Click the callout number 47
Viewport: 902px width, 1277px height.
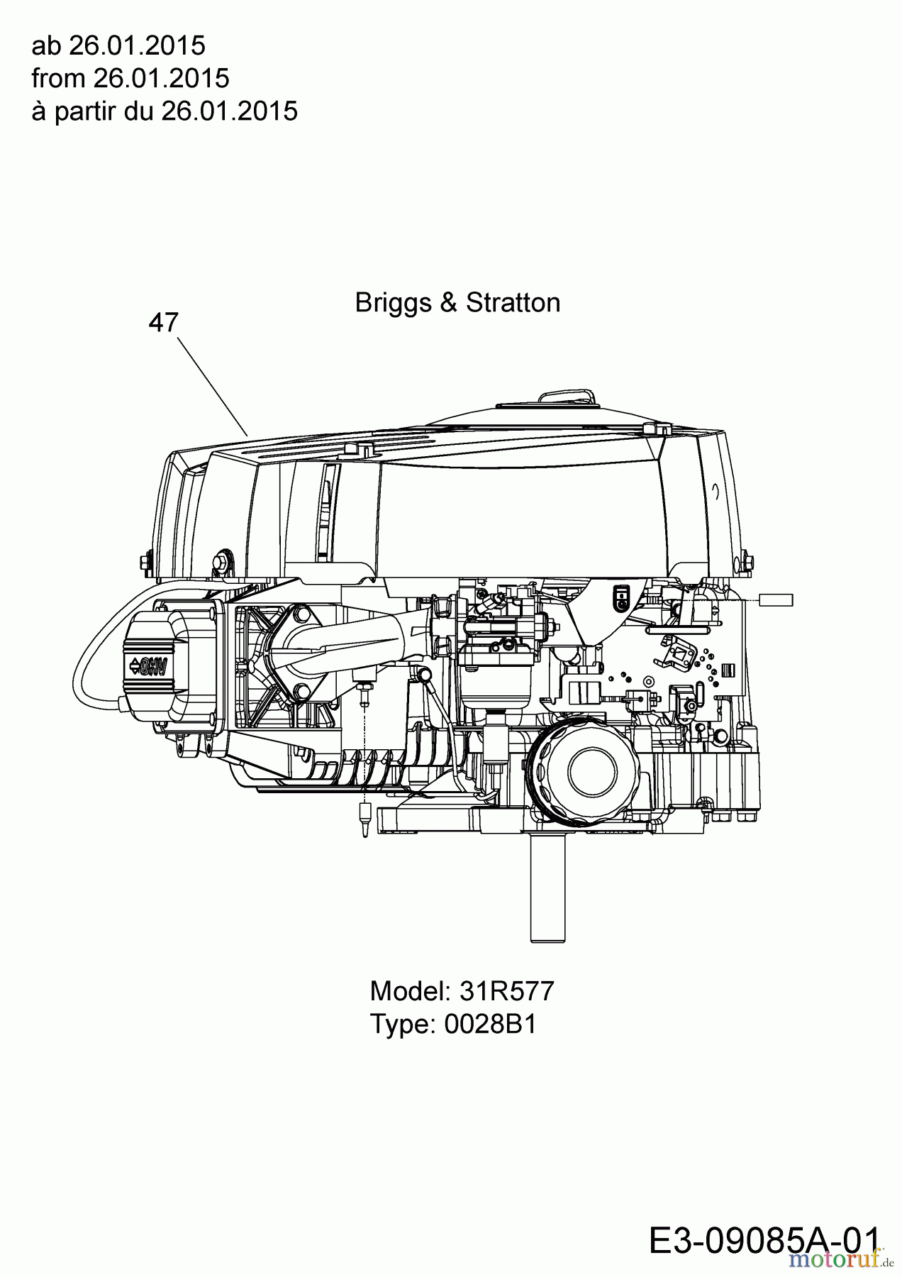pos(164,323)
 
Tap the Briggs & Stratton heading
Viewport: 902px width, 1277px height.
pos(457,303)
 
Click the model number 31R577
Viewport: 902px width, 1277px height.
pos(507,991)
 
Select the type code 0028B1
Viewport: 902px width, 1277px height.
pos(491,1024)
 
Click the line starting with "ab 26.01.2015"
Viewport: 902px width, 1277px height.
pos(118,45)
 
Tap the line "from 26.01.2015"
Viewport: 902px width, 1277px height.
pos(130,78)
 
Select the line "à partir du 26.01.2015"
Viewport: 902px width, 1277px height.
pos(165,111)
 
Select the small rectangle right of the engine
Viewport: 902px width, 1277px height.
pos(776,601)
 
